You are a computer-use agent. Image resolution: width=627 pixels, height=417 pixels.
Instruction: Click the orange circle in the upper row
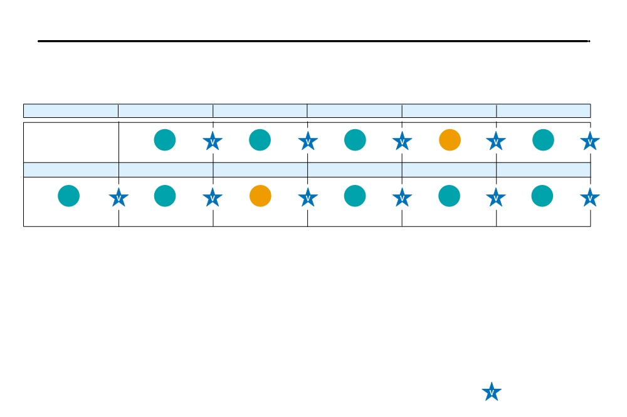click(450, 140)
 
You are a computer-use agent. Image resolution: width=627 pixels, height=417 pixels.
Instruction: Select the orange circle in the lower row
click(260, 196)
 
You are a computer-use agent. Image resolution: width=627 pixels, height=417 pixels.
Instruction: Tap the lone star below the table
click(492, 391)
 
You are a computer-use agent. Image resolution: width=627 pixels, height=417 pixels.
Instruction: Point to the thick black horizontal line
click(314, 41)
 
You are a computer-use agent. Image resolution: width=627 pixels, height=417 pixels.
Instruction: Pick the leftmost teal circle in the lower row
click(69, 196)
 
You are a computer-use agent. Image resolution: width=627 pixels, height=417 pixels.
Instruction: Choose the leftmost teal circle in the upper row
click(165, 140)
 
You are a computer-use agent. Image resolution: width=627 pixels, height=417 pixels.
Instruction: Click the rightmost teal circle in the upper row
click(543, 140)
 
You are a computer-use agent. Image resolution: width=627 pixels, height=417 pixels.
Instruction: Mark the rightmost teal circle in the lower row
click(542, 196)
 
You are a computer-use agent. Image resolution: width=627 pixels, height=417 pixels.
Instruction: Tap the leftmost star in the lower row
click(119, 198)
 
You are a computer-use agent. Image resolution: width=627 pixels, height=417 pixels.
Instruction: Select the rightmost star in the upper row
click(590, 141)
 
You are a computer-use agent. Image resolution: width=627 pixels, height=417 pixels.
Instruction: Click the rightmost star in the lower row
click(590, 198)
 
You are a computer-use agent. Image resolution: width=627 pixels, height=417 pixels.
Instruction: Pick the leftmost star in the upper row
click(213, 141)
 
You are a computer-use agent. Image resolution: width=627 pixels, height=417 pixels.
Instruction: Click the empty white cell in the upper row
click(71, 142)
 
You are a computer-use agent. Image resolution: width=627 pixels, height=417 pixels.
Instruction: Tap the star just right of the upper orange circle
click(496, 141)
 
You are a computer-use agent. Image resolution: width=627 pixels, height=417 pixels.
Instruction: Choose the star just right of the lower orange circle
click(308, 198)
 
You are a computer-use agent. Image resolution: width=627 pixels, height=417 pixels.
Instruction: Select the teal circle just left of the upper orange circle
click(355, 140)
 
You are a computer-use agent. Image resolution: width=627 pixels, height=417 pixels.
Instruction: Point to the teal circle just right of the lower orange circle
click(355, 196)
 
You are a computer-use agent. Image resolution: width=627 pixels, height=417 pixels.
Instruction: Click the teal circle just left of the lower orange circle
click(165, 196)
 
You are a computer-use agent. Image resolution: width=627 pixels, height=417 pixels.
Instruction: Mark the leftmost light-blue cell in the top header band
click(71, 111)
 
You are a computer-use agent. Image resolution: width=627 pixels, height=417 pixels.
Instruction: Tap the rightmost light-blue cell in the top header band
click(544, 111)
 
